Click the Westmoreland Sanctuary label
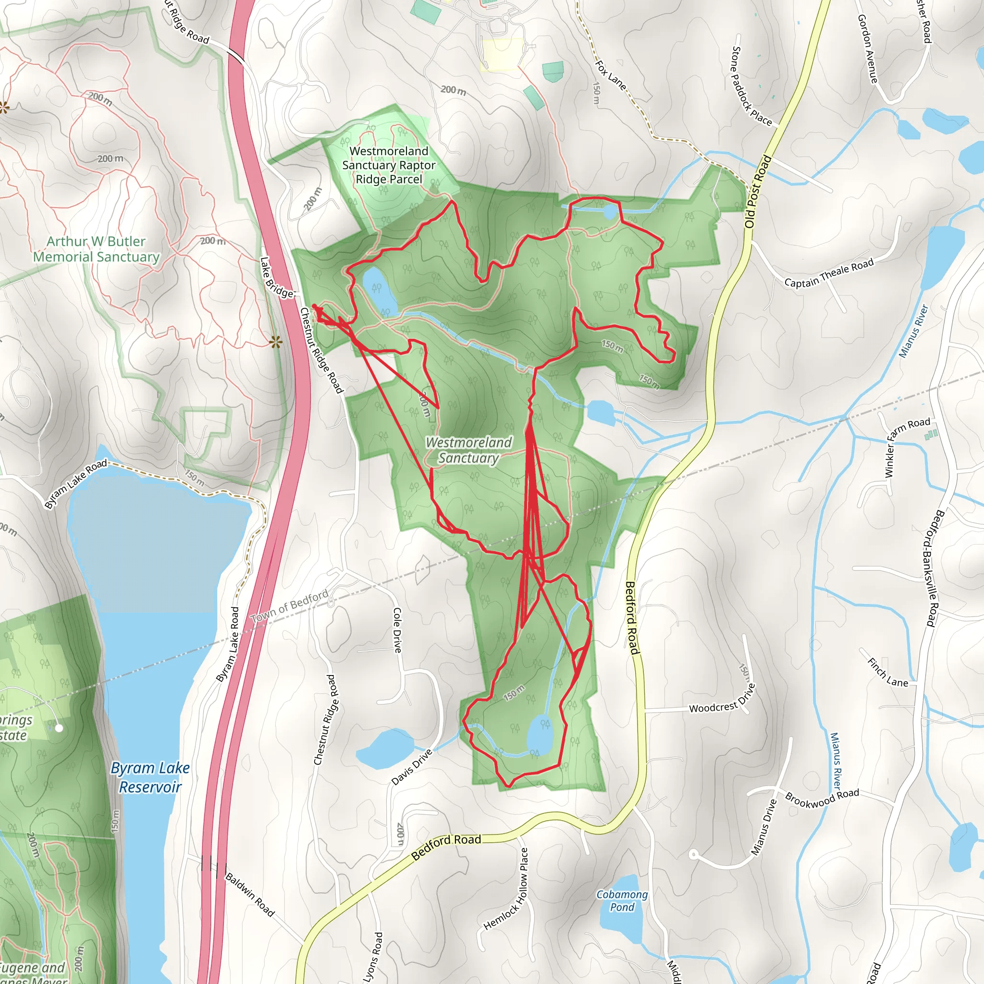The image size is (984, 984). [x=468, y=450]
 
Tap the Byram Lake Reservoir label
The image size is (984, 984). [x=150, y=777]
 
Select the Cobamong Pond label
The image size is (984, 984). [x=622, y=900]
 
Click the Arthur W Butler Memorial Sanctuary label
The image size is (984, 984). [x=96, y=249]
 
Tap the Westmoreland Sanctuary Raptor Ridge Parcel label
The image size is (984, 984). [x=389, y=165]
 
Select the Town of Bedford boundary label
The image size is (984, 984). [x=289, y=607]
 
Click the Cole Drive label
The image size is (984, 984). [x=397, y=629]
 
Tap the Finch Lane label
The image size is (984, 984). [x=887, y=672]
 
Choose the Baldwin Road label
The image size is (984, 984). [x=249, y=894]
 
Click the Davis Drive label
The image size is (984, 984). [x=412, y=767]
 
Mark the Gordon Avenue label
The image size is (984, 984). [x=867, y=49]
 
